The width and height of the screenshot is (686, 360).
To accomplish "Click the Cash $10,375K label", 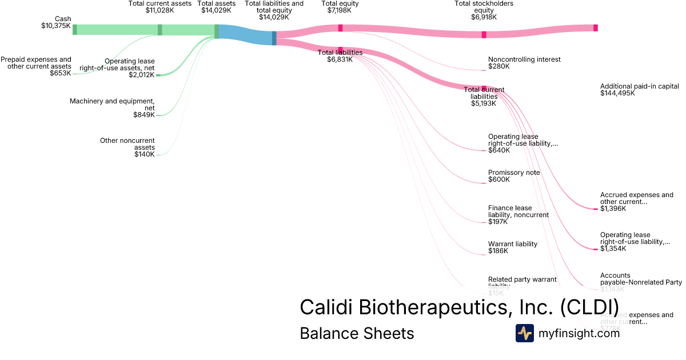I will pos(56,22).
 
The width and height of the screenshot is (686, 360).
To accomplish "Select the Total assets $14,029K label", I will pos(217,7).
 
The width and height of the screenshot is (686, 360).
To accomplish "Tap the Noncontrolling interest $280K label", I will pos(524,63).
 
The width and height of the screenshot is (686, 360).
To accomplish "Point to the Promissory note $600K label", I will pos(513,176).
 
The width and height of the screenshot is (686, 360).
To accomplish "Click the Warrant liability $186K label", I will pos(512,247).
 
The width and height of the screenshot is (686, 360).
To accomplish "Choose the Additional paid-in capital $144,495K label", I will pos(639,90).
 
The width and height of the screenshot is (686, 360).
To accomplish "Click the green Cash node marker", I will pos(74,30).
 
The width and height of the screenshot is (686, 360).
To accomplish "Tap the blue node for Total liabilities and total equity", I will pos(274,38).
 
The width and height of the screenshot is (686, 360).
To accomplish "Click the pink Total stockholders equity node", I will pos(484,34).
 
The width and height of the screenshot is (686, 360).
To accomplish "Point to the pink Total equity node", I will pos(340,28).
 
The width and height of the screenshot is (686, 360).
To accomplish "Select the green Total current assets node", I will pos(160,30).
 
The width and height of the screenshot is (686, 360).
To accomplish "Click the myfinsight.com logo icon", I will pos(524,333).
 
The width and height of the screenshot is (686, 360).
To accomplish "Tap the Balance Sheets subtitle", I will pos(357,333).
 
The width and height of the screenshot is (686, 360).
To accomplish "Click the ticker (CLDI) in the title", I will pos(588,307).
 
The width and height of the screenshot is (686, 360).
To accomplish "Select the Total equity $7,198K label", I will pos(340,7).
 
